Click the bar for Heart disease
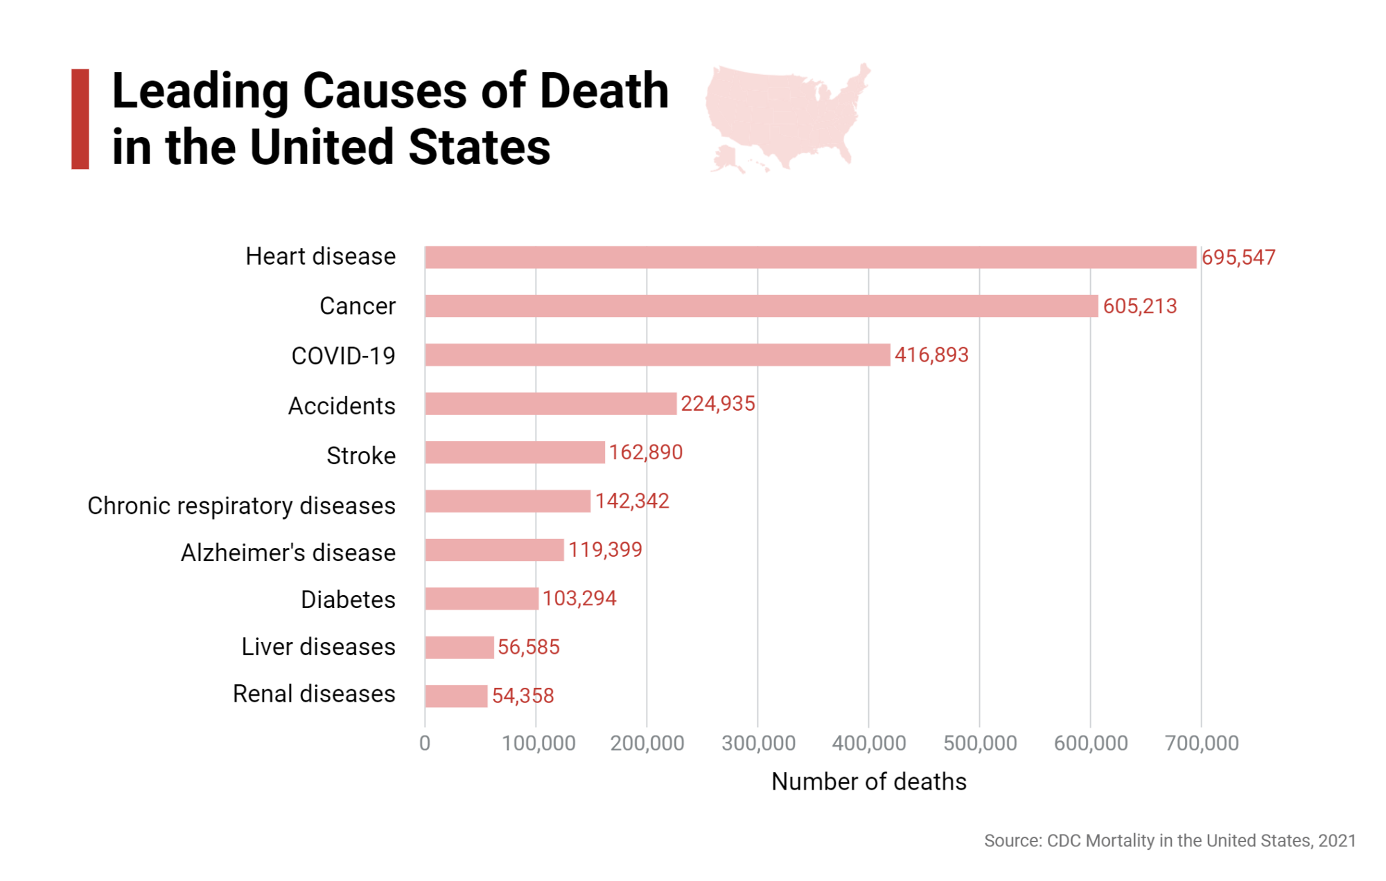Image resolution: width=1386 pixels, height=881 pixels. (x=811, y=257)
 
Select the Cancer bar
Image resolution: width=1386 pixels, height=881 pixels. (x=762, y=306)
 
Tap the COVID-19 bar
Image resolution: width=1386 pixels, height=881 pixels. (x=658, y=355)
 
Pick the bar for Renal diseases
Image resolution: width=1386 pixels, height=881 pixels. (x=457, y=696)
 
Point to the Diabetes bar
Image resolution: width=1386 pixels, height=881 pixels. (x=482, y=598)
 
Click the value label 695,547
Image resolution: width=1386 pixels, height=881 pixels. (x=1238, y=258)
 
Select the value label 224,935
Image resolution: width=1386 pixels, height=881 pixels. (x=718, y=404)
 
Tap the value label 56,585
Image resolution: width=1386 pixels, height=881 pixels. (x=529, y=647)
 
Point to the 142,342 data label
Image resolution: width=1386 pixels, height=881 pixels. (x=632, y=501)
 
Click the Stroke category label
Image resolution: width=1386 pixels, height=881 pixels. (x=361, y=456)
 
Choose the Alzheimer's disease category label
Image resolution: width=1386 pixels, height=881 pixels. (x=288, y=553)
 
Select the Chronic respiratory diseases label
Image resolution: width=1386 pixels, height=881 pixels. (x=242, y=506)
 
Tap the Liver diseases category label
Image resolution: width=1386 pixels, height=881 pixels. (x=319, y=647)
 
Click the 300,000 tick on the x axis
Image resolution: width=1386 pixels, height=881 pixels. (x=758, y=743)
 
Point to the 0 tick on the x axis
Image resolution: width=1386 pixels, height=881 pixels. (x=425, y=743)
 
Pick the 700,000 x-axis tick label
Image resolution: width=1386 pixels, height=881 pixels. (x=1202, y=743)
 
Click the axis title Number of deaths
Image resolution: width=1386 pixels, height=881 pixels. (x=869, y=782)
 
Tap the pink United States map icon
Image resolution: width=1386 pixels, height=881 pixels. (x=787, y=114)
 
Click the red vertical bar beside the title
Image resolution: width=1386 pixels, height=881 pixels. (x=80, y=119)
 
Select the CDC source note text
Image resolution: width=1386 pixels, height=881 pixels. (x=1170, y=841)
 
